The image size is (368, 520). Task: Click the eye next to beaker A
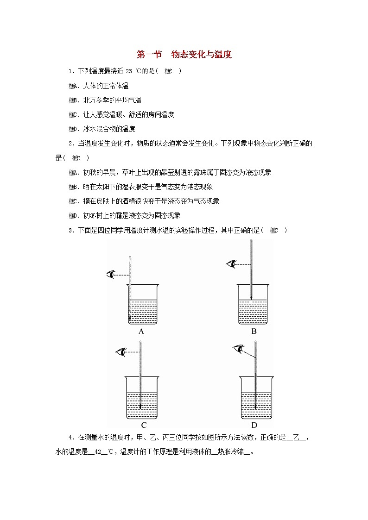pos(111,275)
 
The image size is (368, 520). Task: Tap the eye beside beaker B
pos(231,264)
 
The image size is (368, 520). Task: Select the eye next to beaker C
pos(121,352)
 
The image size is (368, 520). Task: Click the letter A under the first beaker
pos(141,331)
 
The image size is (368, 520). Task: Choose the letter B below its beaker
pos(254,331)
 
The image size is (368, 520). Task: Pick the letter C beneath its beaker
pos(144,425)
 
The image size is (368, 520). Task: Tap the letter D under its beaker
pos(254,425)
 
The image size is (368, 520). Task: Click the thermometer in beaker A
pos(130,287)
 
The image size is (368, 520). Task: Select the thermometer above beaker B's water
pos(251,269)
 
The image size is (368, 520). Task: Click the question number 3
pos(70,230)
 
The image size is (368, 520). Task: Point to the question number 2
pos(70,144)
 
